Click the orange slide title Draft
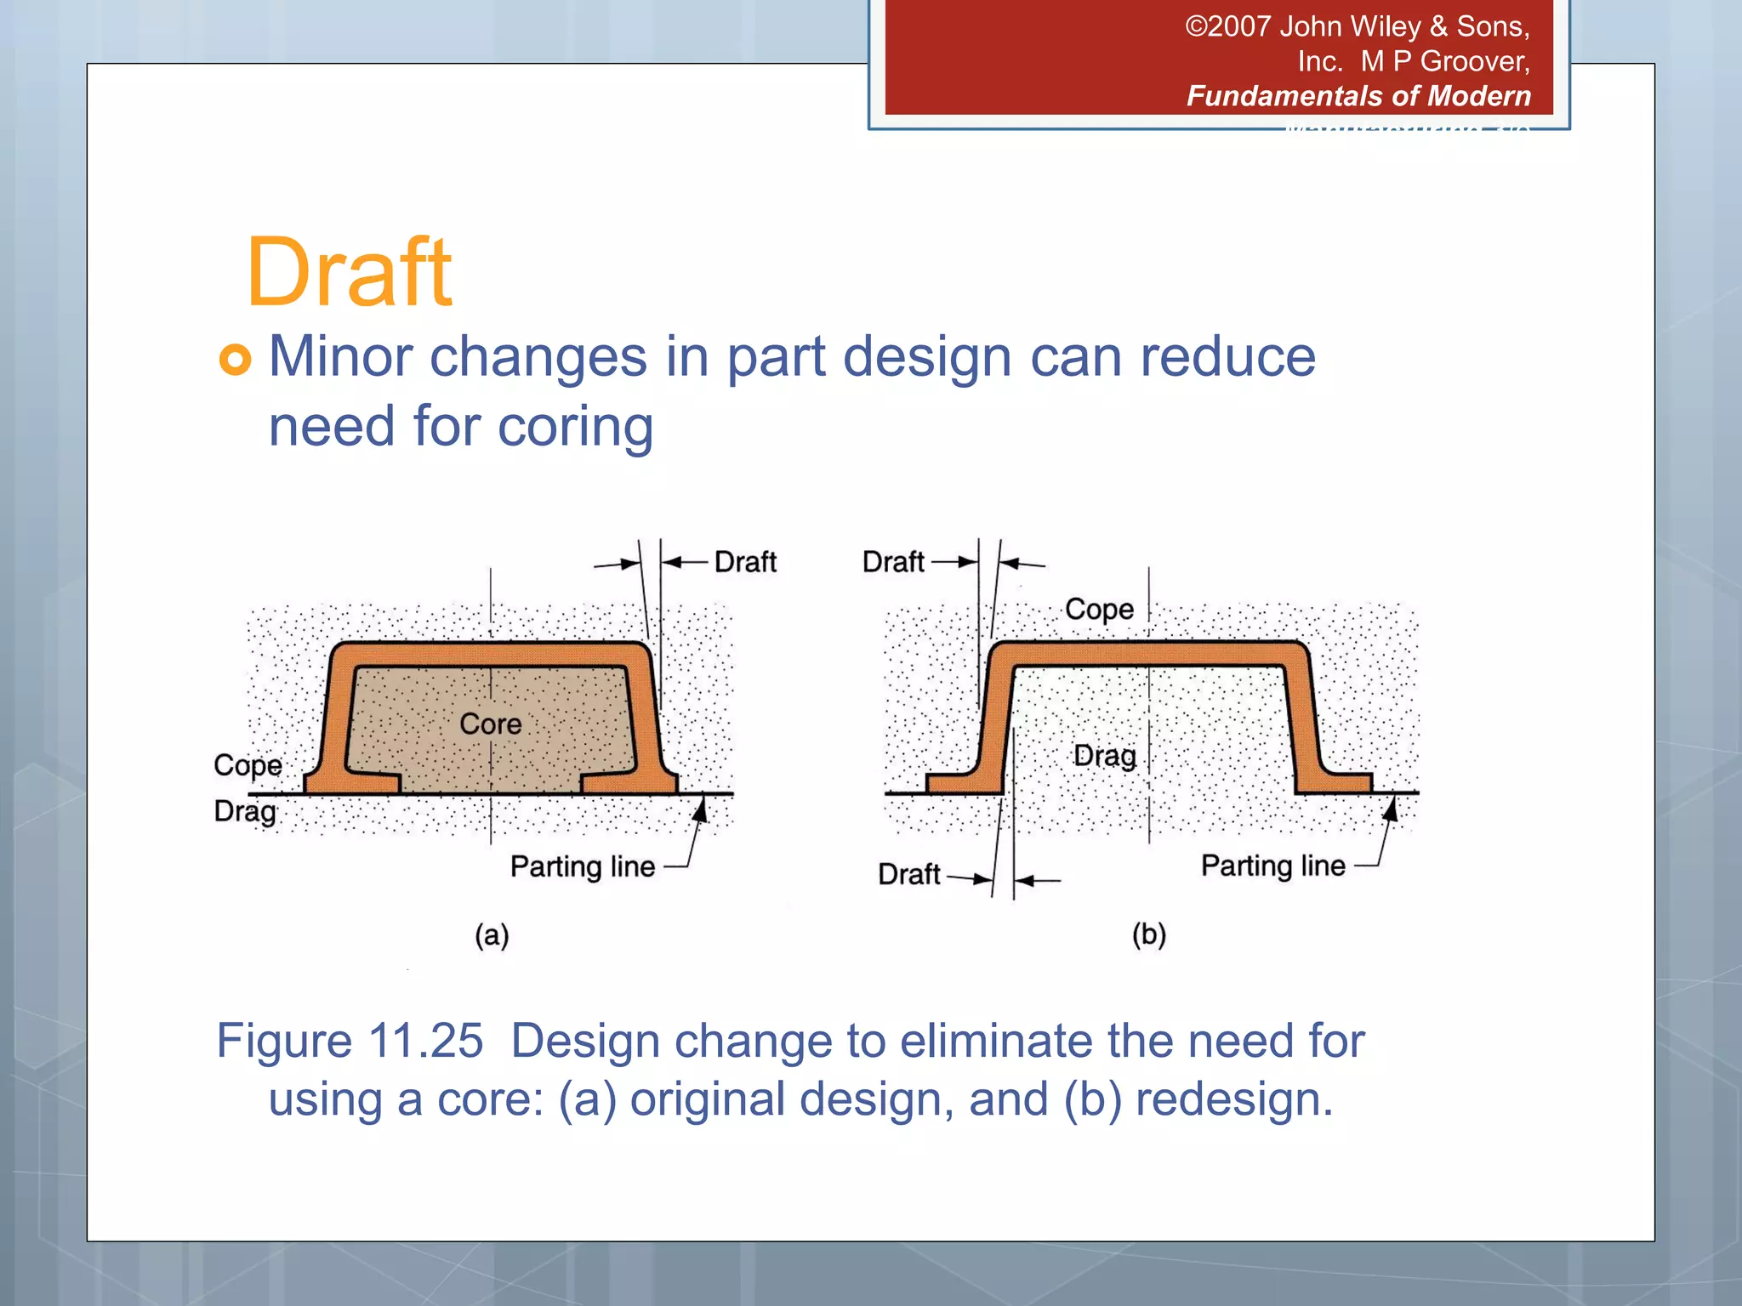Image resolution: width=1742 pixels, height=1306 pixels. (x=349, y=273)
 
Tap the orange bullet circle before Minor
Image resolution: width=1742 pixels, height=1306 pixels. (x=236, y=359)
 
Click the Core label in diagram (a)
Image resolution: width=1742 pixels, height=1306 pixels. (x=491, y=724)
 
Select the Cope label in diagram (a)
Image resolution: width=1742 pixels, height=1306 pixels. (x=248, y=765)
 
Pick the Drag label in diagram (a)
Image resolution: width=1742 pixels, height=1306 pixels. (x=245, y=811)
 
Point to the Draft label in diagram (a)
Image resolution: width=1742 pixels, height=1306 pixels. (x=745, y=562)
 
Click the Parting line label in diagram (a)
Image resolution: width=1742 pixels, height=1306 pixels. (x=583, y=866)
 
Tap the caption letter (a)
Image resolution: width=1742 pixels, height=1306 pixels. (x=492, y=935)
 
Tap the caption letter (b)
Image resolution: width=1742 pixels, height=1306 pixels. (x=1148, y=934)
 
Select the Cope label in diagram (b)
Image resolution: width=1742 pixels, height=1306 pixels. (x=1099, y=609)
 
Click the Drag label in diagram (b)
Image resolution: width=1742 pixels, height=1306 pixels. (x=1105, y=755)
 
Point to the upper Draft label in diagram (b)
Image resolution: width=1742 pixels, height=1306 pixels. (x=893, y=562)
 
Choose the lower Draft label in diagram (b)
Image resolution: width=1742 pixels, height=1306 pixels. (x=909, y=874)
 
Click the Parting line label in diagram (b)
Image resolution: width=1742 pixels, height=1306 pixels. (x=1272, y=866)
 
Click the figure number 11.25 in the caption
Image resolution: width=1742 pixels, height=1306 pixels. (x=426, y=1040)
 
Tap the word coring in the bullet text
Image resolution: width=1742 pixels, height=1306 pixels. (x=575, y=426)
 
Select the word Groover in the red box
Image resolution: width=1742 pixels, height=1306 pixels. (x=1474, y=61)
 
